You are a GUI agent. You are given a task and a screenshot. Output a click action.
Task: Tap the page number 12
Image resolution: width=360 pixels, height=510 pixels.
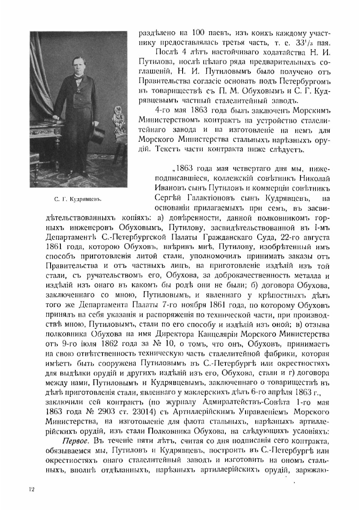coord(31,490)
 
